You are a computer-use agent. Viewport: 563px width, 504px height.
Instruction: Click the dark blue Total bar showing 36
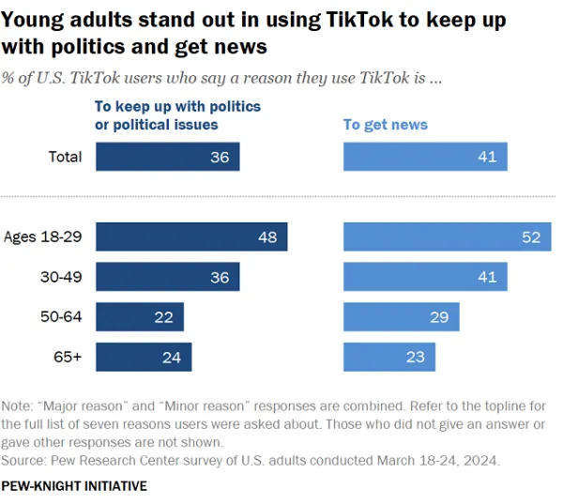(167, 157)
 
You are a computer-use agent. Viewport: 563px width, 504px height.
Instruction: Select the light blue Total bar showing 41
(425, 157)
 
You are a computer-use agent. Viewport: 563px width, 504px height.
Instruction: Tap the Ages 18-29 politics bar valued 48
(191, 237)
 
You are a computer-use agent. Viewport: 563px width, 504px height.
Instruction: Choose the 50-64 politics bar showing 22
(140, 317)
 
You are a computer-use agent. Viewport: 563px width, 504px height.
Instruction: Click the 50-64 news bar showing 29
(401, 317)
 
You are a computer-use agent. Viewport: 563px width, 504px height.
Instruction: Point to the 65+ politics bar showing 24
(144, 357)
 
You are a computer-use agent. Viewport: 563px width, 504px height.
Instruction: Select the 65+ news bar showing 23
(388, 357)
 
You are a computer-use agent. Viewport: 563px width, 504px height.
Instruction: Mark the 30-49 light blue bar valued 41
(425, 277)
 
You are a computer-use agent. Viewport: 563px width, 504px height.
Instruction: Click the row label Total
(65, 157)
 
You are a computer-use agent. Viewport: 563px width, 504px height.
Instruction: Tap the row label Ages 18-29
(43, 237)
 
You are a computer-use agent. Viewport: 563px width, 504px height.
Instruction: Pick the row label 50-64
(62, 317)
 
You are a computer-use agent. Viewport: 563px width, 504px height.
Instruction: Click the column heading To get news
(385, 124)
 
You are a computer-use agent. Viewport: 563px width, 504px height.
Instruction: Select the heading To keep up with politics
(177, 115)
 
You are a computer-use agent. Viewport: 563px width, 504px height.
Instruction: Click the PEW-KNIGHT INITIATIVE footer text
(74, 486)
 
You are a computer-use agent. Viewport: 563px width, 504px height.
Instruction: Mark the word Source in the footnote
(24, 460)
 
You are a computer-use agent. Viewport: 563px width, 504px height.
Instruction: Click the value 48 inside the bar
(267, 237)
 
